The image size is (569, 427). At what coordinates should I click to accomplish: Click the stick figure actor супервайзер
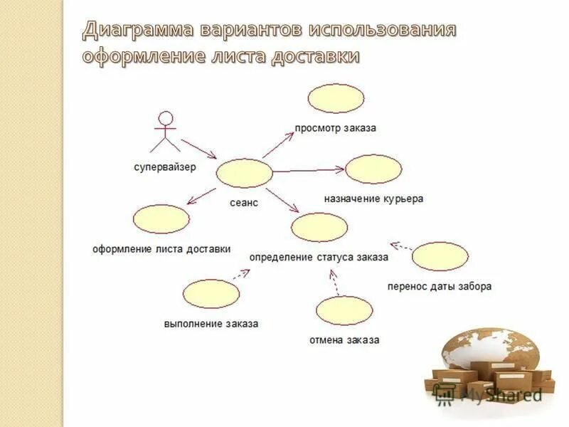[166, 131]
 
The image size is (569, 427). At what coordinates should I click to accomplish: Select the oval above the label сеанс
[244, 174]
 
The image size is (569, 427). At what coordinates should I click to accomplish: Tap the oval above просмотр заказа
[336, 98]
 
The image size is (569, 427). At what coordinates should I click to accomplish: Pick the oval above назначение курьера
[373, 169]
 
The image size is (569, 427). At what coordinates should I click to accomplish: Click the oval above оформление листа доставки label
[161, 219]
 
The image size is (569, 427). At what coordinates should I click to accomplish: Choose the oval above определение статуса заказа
[319, 227]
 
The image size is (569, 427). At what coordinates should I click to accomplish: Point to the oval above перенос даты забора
[440, 256]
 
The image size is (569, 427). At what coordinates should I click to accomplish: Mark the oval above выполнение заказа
[211, 293]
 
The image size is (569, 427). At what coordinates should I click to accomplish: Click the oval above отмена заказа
[344, 310]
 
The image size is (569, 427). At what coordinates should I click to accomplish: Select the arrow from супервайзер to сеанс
[198, 148]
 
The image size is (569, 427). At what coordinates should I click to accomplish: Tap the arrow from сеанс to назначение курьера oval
[309, 170]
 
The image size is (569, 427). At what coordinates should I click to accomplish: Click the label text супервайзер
[165, 167]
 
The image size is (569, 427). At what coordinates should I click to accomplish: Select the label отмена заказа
[344, 339]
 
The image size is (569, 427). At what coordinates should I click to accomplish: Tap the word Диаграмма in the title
[139, 30]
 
